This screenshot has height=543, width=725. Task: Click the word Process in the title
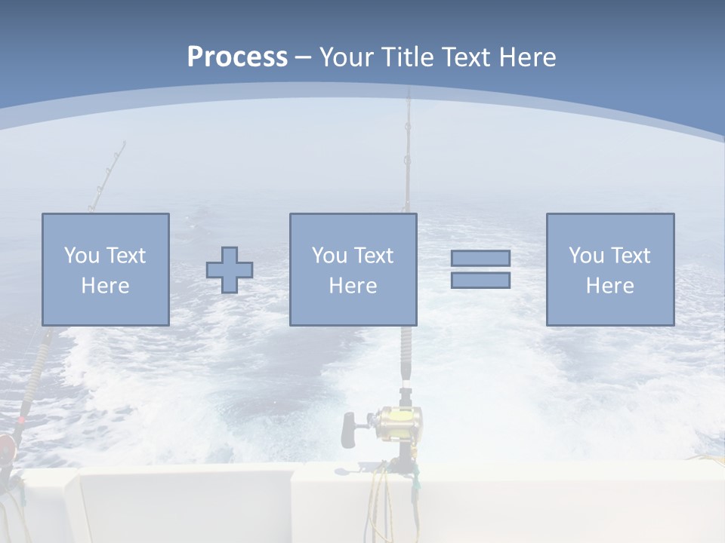237,57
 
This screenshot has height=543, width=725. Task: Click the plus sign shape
230,270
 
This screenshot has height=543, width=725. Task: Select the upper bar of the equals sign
480,258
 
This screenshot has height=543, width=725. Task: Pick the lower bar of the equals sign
480,281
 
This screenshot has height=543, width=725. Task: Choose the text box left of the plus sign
105,269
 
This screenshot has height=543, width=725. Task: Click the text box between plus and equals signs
353,269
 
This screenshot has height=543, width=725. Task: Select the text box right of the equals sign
609,269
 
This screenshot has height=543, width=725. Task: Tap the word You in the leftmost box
81,256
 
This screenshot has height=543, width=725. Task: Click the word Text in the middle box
374,256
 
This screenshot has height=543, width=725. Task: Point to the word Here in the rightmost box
609,286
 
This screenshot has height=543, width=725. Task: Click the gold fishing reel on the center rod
399,419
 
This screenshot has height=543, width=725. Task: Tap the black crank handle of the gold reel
349,430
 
